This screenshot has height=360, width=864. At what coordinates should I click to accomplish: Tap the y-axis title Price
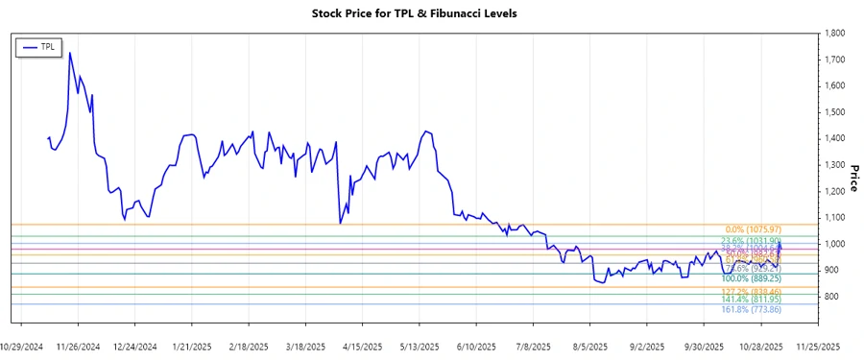coord(853,178)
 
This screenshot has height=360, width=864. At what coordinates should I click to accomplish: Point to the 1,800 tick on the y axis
coord(833,34)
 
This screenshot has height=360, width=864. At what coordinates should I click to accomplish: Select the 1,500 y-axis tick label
coord(833,112)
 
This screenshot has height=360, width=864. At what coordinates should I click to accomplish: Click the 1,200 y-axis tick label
coord(833,191)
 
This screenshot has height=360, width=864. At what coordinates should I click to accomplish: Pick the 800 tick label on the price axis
coord(830,297)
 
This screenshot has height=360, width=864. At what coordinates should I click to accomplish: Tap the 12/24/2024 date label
coord(134,346)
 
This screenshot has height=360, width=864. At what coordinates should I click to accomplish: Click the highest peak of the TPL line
coord(70,53)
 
